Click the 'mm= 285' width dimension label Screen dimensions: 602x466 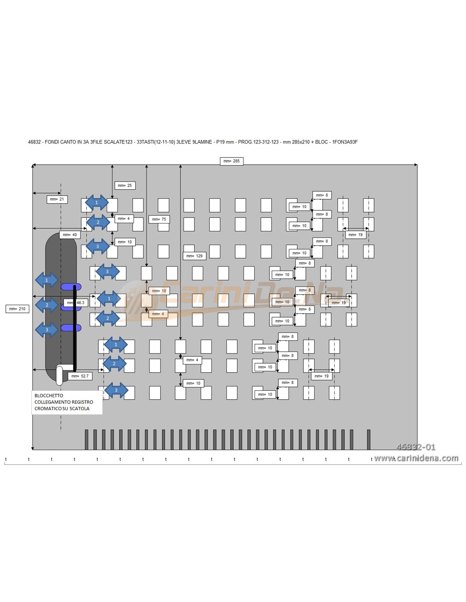231,161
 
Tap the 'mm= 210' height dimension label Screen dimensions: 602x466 17,309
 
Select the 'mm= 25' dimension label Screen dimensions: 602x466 125,185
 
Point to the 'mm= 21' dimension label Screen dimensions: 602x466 57,199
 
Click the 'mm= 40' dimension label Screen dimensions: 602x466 69,235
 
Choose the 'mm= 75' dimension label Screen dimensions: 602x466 159,219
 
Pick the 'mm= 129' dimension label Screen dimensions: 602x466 194,256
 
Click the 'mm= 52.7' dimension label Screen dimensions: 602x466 80,376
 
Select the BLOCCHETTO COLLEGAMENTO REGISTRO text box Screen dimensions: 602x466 67,402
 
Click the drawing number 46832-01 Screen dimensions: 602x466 416,447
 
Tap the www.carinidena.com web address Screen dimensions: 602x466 416,458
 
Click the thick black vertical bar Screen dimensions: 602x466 75,328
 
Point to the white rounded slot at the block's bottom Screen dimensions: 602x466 59,375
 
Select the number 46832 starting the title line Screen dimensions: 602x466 34,142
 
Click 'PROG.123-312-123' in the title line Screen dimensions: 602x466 258,142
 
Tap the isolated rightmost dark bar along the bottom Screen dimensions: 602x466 369,439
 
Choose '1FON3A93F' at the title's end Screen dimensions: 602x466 345,142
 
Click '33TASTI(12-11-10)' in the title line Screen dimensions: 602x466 155,142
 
